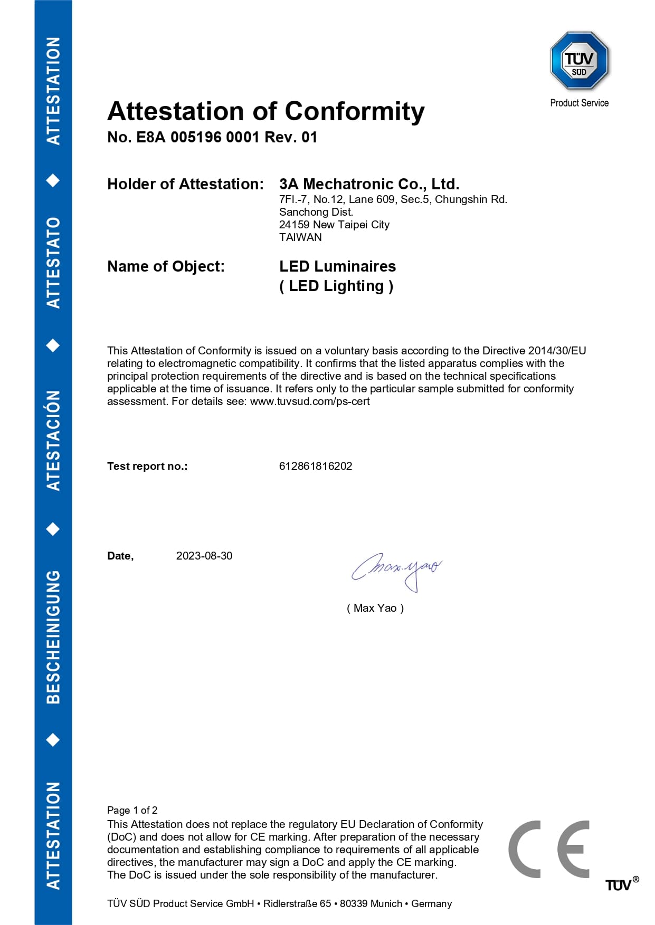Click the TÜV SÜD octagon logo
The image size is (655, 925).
pos(579,61)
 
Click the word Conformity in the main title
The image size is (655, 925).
pos(355,112)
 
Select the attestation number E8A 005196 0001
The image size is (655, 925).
pos(198,138)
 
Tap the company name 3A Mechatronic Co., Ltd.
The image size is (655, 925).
pos(369,184)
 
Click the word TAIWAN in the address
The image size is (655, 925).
pos(300,237)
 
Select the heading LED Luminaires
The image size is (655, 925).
pos(337,266)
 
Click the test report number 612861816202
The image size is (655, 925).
pos(315,466)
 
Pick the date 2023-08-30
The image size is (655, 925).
pos(204,556)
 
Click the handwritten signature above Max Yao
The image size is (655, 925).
pos(396,570)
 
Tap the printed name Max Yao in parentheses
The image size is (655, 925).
pos(375,608)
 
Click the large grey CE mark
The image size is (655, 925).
pos(548,849)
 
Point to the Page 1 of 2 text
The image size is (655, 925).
pos(132,810)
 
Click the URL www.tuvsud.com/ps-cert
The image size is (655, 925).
pos(310,401)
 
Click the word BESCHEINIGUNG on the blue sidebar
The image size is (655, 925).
pos(53,637)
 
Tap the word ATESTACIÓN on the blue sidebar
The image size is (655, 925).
pos(53,440)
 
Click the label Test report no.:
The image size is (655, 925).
pos(147,466)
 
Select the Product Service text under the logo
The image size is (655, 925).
pos(579,103)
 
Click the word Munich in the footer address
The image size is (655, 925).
pos(385,903)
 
